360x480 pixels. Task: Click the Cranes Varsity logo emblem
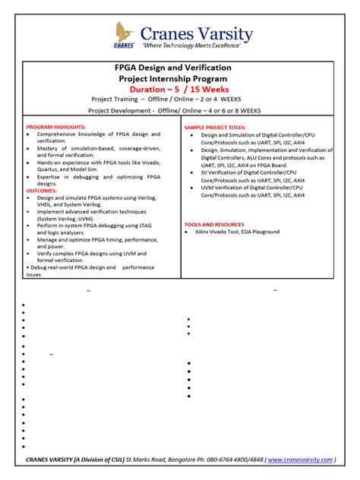click(x=125, y=34)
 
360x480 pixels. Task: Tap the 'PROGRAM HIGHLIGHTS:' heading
click(x=56, y=127)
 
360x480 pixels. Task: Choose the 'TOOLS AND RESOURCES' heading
click(x=214, y=224)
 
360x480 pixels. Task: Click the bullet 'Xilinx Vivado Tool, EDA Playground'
click(x=238, y=232)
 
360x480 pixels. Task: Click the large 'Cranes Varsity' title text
click(x=201, y=31)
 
